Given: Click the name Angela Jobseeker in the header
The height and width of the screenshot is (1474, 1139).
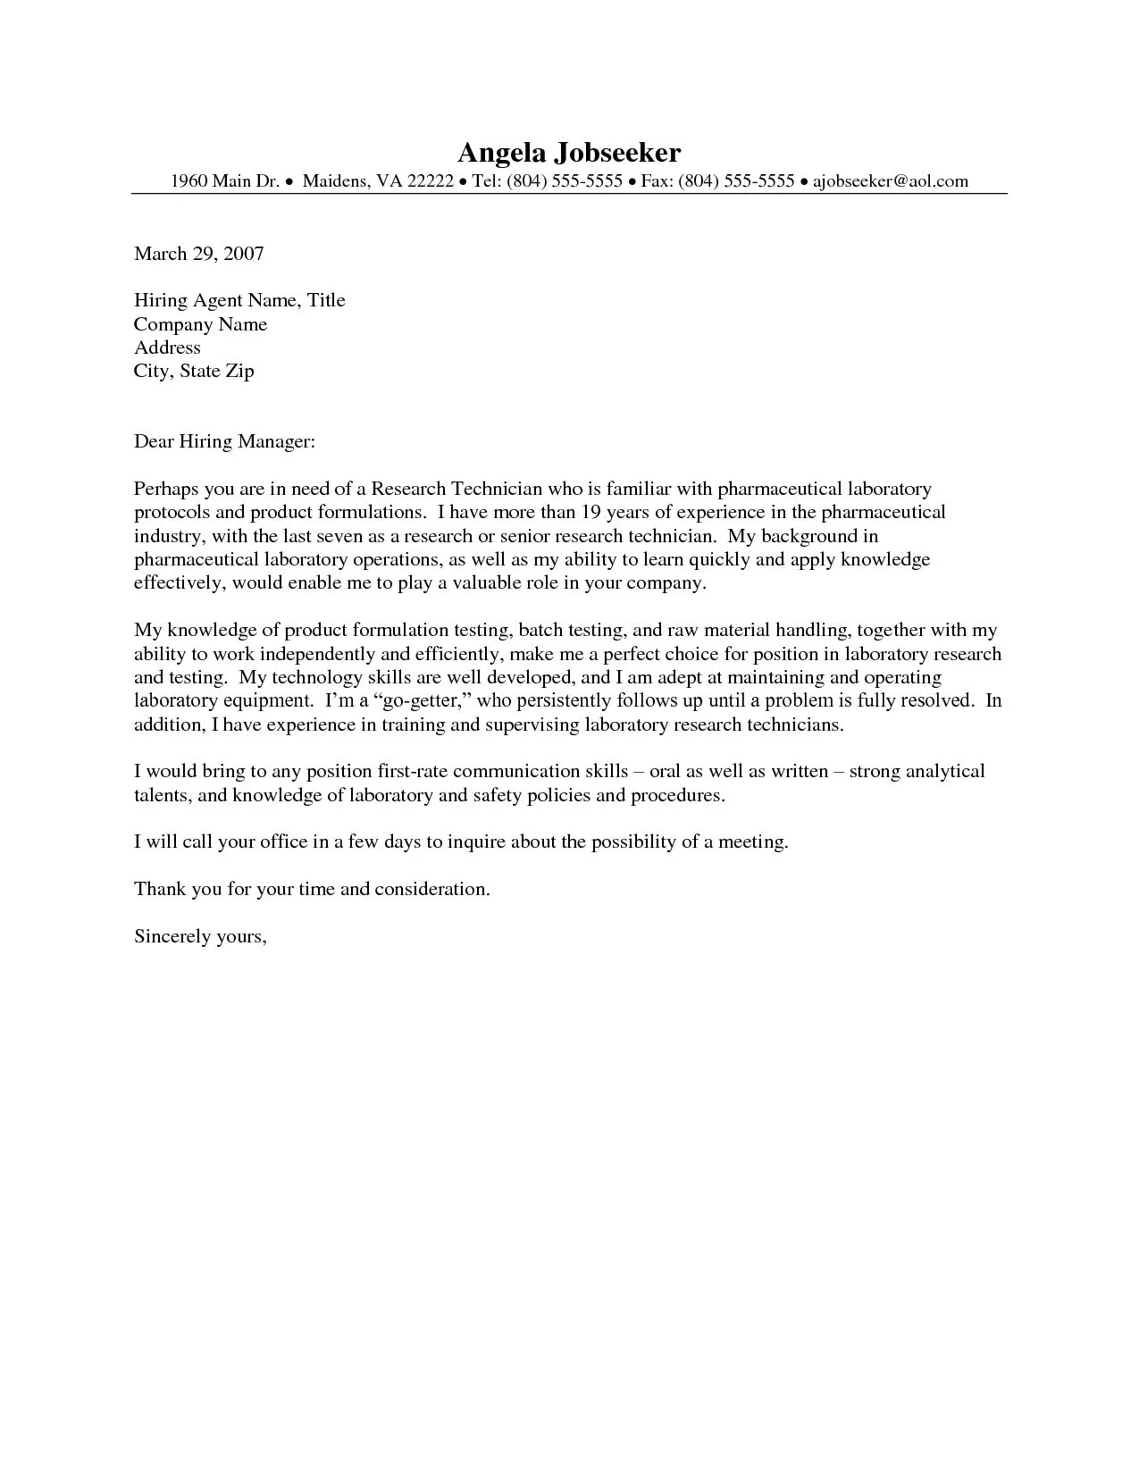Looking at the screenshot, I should [569, 152].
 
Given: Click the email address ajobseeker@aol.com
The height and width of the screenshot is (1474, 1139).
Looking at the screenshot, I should [890, 181].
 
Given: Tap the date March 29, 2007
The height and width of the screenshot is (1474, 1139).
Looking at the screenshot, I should [198, 254].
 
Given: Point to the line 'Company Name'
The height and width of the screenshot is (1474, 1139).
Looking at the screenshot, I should [200, 324].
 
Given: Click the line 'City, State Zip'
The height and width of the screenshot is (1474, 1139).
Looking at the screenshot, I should [194, 371].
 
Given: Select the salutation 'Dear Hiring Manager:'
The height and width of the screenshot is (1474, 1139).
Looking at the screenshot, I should [224, 441].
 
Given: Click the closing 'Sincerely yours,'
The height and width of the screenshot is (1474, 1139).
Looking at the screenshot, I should [200, 936].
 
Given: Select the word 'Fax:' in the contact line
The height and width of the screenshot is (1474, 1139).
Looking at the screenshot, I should [657, 181].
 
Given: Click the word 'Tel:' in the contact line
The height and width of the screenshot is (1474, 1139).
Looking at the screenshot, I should [486, 181].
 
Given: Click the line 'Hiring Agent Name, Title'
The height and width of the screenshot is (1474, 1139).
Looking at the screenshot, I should [239, 300].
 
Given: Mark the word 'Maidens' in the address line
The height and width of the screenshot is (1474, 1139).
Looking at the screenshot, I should [334, 181].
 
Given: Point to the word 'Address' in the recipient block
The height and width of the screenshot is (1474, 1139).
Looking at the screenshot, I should [167, 348].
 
